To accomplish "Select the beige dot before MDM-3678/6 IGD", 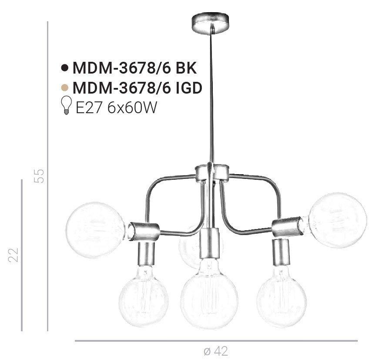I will [x=65, y=87].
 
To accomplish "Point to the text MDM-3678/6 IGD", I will [x=138, y=87].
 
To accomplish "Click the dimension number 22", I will [x=14, y=255].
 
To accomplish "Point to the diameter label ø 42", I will [x=216, y=350].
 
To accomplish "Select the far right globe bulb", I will [x=338, y=220].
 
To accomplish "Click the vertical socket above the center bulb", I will [x=211, y=243].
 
